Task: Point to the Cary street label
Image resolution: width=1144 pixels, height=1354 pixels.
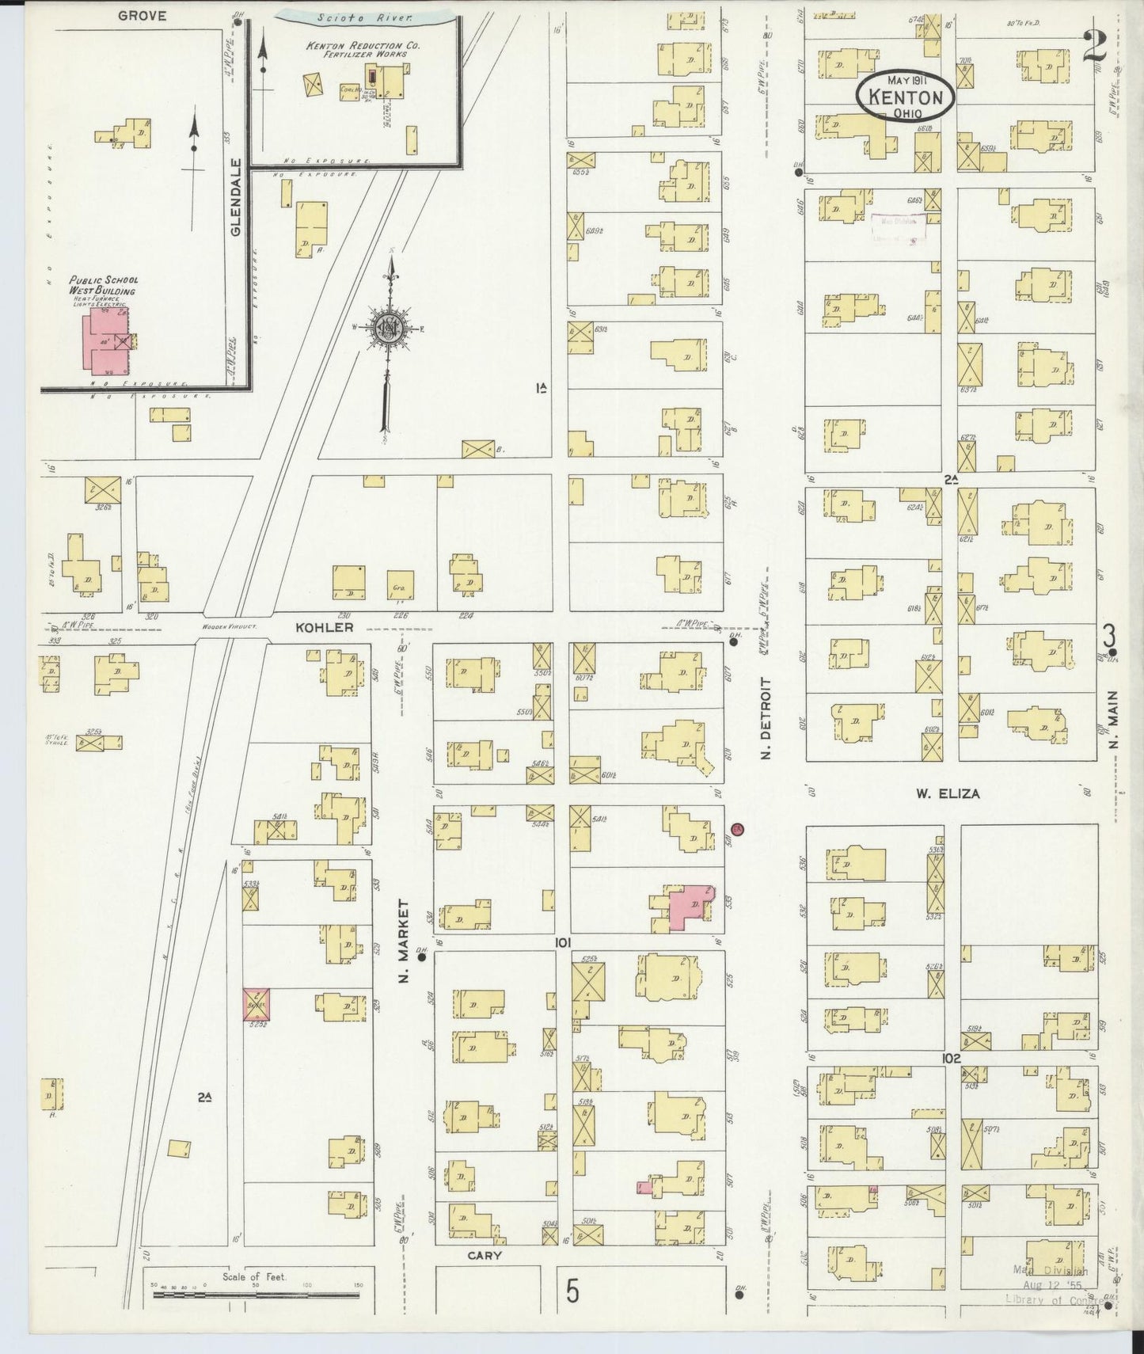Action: coord(485,1256)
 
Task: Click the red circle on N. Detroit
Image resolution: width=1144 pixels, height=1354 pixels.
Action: coord(738,829)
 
